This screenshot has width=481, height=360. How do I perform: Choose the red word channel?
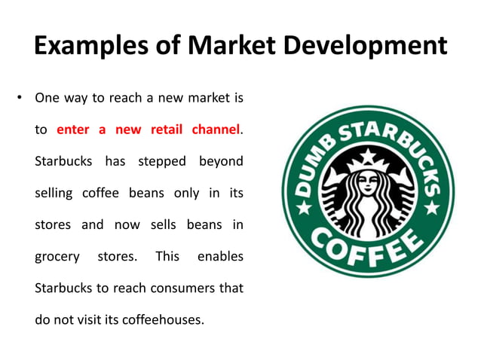coord(216,130)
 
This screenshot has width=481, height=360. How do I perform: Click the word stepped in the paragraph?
coord(164,161)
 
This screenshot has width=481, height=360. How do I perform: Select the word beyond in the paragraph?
coord(221,161)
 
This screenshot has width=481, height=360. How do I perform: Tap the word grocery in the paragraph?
coord(57,256)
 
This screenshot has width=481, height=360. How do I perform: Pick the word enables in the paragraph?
coord(220,256)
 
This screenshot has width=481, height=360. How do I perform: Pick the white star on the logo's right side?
coord(430,204)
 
